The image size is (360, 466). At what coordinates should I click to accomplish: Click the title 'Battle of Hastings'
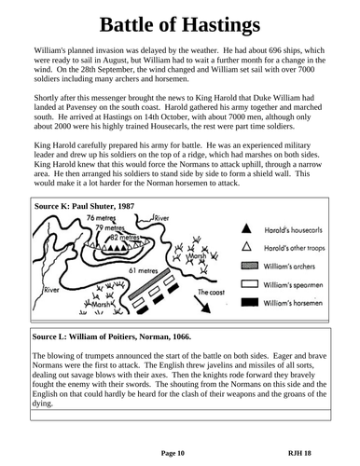(179, 25)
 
